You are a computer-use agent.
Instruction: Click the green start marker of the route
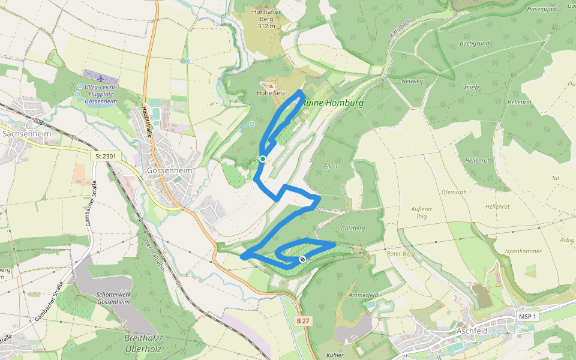pyautogui.click(x=263, y=158)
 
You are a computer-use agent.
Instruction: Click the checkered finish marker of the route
pyautogui.click(x=302, y=259)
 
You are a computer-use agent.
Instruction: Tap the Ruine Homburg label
pyautogui.click(x=334, y=103)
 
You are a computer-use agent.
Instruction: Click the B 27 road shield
pyautogui.click(x=303, y=321)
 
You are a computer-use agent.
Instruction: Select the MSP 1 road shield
pyautogui.click(x=528, y=316)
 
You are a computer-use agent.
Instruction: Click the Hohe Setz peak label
pyautogui.click(x=271, y=93)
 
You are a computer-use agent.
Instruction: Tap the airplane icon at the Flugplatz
pyautogui.click(x=99, y=79)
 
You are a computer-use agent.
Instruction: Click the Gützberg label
pyautogui.click(x=352, y=229)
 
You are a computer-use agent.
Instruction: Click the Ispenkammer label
pyautogui.click(x=523, y=251)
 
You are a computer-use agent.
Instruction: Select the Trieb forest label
pyautogui.click(x=471, y=87)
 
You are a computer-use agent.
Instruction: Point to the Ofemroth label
pyautogui.click(x=454, y=193)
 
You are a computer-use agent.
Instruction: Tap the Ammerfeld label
pyautogui.click(x=364, y=296)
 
